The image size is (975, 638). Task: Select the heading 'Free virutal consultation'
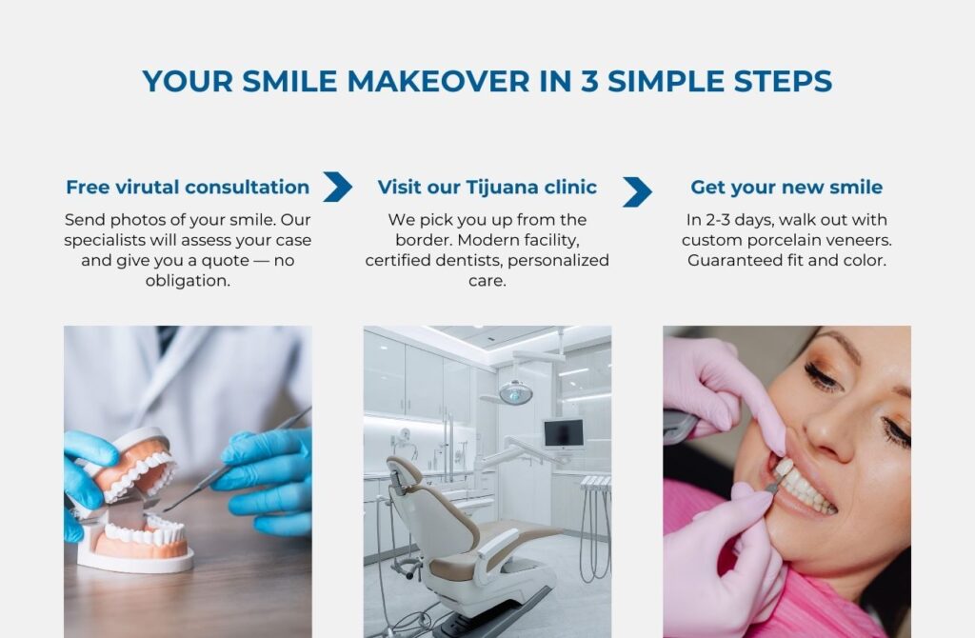188,187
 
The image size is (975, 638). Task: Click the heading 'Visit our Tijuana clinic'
487,187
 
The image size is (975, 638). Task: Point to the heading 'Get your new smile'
786,187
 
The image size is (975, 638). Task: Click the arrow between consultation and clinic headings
337,187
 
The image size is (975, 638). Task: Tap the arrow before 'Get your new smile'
637,191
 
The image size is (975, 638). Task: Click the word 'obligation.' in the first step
188,281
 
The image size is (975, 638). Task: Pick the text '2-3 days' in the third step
741,220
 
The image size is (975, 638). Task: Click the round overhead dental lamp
515,391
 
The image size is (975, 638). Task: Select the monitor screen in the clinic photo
563,433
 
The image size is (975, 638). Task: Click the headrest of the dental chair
404,472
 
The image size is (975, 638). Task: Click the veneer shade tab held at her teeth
782,469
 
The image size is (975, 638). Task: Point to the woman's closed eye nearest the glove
823,377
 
